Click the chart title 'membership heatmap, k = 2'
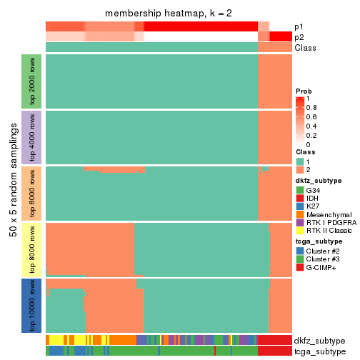169,14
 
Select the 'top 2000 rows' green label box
32,80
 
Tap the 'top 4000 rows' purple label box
32,136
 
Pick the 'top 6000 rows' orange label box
32,193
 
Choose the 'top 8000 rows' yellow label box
32,249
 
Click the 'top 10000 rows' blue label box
32,306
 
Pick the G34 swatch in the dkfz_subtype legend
299,191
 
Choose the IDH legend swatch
299,199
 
